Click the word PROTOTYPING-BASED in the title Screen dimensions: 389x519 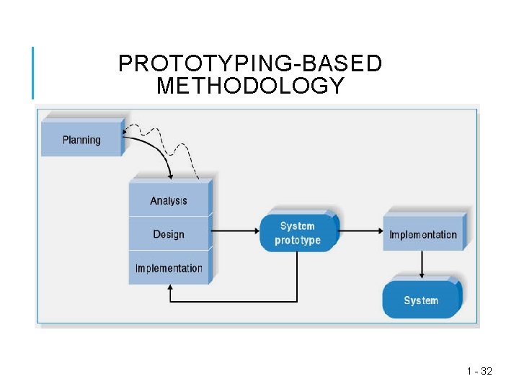(250, 64)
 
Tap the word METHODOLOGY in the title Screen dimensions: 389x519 (250, 86)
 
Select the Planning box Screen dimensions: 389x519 (81, 140)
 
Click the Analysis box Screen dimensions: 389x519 (169, 200)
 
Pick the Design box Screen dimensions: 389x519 (169, 234)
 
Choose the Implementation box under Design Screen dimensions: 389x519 (169, 268)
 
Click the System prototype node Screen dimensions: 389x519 (298, 233)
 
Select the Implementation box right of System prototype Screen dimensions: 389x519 (423, 234)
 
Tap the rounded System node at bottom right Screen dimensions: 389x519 (421, 300)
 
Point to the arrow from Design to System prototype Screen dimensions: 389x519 (234, 231)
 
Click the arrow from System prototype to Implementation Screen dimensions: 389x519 (360, 231)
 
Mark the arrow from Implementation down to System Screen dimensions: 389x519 (422, 265)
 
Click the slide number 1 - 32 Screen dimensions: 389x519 (479, 371)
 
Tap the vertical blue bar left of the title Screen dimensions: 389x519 (32, 72)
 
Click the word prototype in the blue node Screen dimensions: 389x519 (298, 240)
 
